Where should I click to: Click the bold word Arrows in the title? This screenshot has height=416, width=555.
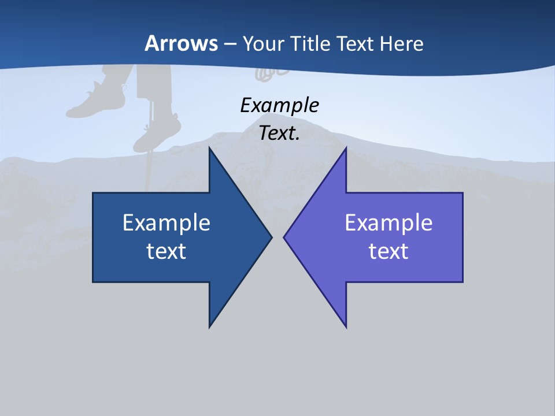181,43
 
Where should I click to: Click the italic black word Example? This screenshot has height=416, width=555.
279,105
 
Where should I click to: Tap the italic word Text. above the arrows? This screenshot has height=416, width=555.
279,133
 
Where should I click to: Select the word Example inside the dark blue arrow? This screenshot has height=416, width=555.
166,222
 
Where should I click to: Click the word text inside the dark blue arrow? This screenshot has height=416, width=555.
166,251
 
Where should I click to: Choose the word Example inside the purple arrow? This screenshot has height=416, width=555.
388,222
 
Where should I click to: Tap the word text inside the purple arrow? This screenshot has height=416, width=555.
388,251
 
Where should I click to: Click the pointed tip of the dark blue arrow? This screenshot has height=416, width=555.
271,237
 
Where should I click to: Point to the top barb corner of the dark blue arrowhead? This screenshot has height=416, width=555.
210,148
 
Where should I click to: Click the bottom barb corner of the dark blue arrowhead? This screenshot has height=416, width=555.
210,326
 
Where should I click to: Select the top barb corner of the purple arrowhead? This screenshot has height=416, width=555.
346,148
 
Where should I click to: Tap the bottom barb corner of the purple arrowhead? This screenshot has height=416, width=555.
346,326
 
